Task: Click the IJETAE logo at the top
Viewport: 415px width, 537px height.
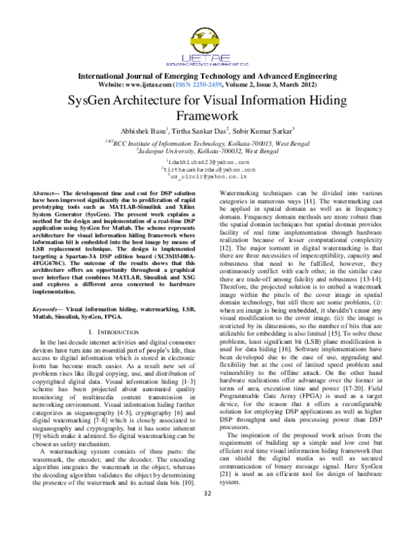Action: [x=207, y=46]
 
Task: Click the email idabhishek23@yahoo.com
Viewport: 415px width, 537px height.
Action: [x=207, y=162]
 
